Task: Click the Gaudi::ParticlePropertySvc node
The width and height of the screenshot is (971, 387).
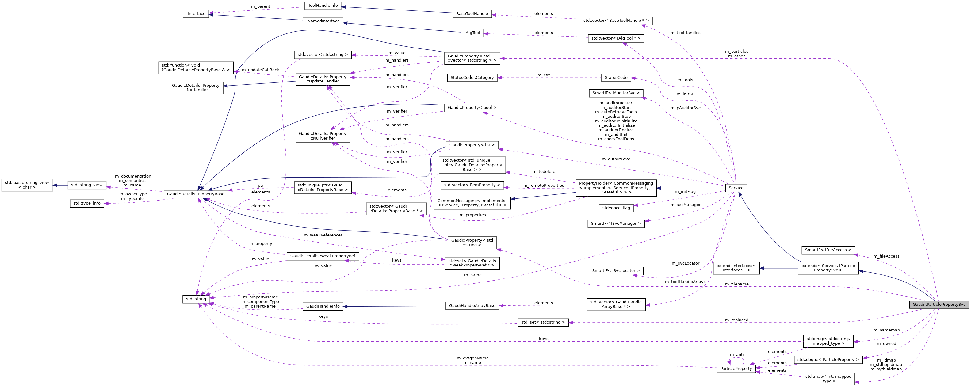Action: pos(939,305)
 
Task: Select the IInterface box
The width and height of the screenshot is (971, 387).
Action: pos(196,13)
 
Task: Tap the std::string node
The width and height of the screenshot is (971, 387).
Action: pos(196,299)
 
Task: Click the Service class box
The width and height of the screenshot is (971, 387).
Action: pos(736,188)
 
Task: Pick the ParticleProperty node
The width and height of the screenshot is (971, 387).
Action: pos(736,369)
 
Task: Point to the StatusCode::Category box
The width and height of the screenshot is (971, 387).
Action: pos(472,77)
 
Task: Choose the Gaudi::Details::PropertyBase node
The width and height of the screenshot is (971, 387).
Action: pos(196,194)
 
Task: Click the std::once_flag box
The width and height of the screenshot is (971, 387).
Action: pos(616,208)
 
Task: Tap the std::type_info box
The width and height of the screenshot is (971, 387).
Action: pos(87,203)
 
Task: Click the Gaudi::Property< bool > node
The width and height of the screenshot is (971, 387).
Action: pos(472,108)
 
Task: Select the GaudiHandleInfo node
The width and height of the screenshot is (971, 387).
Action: pos(323,306)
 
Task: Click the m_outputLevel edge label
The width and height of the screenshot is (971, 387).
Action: pos(616,159)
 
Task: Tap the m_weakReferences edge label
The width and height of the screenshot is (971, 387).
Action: pos(323,235)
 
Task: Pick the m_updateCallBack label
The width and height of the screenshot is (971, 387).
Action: pos(261,70)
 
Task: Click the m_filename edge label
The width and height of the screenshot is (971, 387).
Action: pos(736,284)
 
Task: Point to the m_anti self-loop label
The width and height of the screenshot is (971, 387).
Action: pos(736,354)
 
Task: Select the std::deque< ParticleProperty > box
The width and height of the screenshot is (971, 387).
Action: pos(828,359)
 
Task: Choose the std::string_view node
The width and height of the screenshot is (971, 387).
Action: pos(87,185)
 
